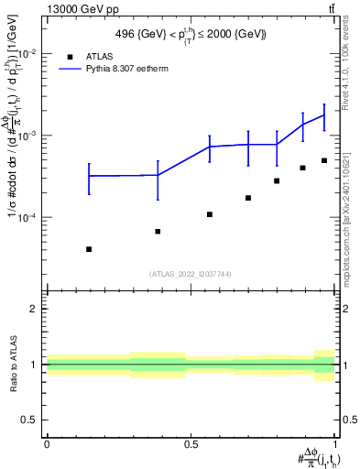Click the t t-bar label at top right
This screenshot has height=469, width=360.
point(331,8)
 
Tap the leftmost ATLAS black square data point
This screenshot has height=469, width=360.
point(89,249)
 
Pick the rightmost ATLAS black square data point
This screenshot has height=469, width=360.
point(324,160)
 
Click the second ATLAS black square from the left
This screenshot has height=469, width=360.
point(158,231)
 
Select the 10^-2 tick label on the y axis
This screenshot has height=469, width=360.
point(27,53)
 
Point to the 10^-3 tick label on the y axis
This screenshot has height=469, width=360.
point(27,136)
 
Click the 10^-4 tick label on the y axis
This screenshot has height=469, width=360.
point(27,218)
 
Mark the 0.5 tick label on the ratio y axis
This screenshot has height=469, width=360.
point(29,420)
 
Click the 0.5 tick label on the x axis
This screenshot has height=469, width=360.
point(191,443)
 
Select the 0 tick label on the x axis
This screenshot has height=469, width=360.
point(46,443)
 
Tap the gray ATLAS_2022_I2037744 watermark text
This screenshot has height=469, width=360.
point(191,274)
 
